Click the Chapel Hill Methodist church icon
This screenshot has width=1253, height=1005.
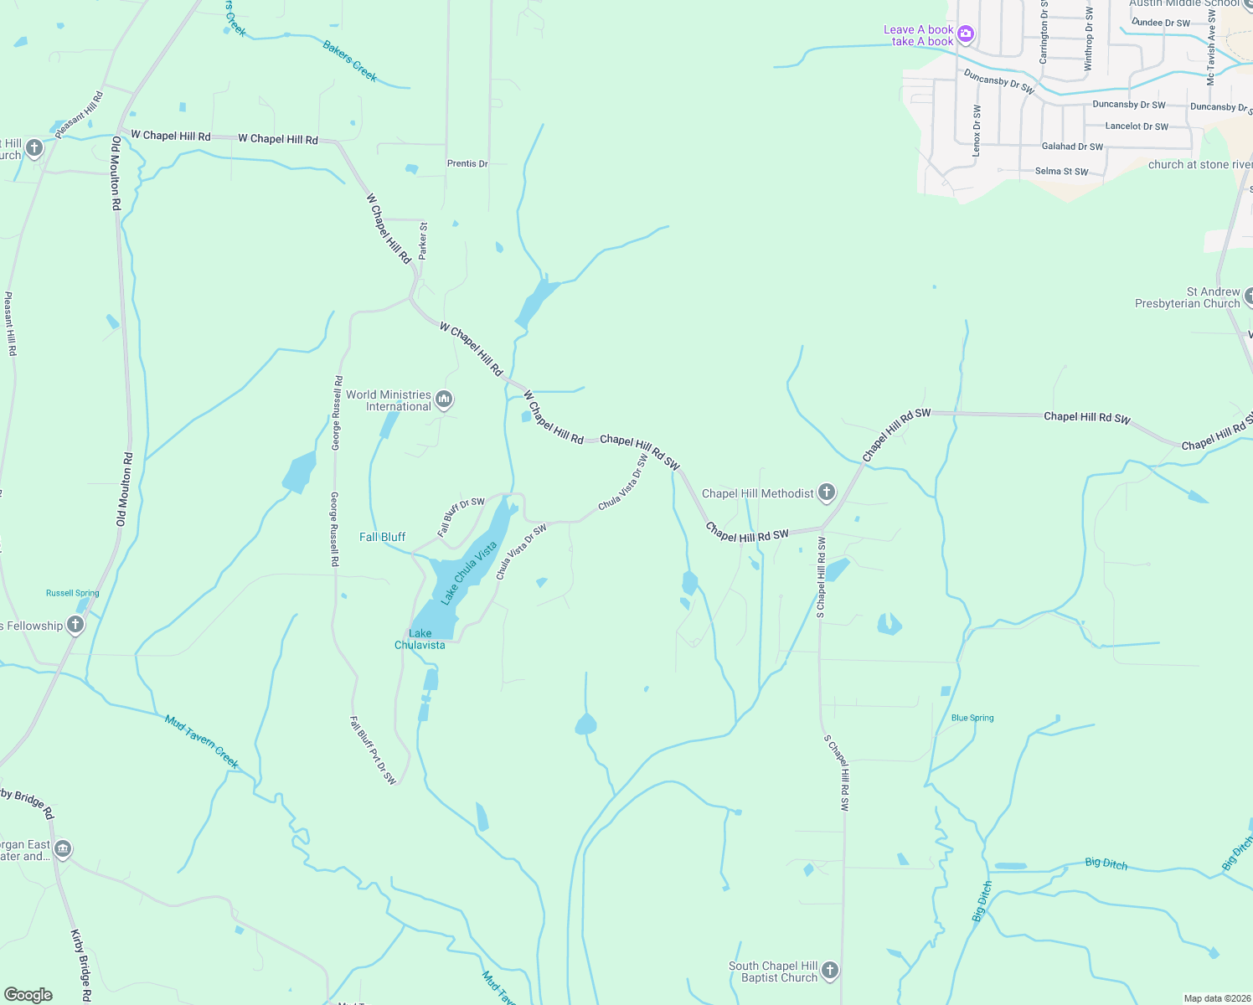827,492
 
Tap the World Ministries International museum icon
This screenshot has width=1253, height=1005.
445,399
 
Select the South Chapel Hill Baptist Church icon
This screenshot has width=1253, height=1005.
830,971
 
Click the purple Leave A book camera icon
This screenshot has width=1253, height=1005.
966,34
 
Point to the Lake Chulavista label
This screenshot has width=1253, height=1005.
420,639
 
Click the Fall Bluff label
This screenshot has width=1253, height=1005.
382,537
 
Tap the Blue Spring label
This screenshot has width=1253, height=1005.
972,718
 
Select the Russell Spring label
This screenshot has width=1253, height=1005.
72,593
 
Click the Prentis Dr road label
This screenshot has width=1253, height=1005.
467,163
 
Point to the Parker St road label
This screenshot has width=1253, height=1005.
423,240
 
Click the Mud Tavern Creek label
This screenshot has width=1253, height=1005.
202,742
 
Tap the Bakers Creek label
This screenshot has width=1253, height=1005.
350,60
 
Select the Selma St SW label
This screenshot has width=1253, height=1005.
1061,171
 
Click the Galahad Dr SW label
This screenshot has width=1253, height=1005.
1072,146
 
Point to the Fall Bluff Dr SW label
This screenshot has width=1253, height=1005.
461,517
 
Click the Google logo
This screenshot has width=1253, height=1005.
28,995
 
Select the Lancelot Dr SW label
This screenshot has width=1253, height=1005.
1136,126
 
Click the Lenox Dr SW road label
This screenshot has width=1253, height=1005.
977,131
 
